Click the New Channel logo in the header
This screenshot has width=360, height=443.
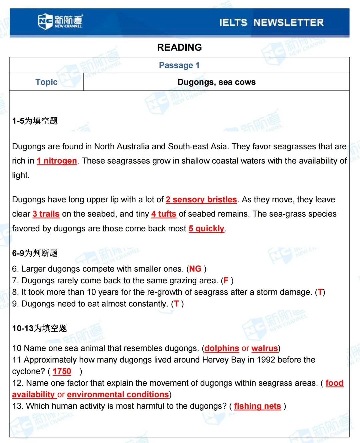(x=60, y=21)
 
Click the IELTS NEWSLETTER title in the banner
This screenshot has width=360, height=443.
(x=271, y=23)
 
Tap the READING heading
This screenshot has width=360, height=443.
(x=179, y=47)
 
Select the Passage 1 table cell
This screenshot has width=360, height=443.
(x=179, y=65)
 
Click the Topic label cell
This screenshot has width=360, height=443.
(x=46, y=82)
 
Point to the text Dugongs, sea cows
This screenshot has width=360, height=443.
(x=216, y=82)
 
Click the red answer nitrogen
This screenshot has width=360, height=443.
(x=60, y=161)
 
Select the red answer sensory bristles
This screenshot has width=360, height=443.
(x=204, y=200)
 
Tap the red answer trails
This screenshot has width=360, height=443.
(x=49, y=214)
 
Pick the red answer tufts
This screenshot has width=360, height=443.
(x=167, y=214)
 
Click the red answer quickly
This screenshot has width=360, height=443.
(x=210, y=229)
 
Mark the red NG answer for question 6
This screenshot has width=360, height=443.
(x=195, y=269)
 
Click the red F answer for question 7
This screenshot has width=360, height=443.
(x=226, y=281)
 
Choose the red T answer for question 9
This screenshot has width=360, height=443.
(x=176, y=304)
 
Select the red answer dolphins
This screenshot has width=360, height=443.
(x=222, y=348)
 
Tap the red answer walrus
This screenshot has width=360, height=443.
(x=265, y=348)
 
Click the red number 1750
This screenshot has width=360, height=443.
(x=62, y=371)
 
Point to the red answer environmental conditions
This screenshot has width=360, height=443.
(x=118, y=395)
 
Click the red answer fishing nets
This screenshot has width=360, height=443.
(x=257, y=406)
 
